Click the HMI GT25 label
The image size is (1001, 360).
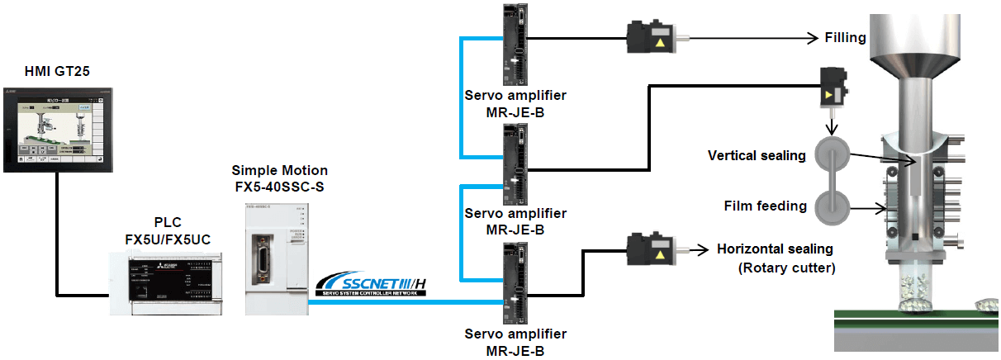[57, 72]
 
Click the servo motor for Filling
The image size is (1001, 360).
[652, 38]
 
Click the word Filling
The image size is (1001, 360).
[845, 37]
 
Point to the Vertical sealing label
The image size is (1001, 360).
[757, 155]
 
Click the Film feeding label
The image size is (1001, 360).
[765, 206]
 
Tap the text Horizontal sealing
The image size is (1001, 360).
[775, 249]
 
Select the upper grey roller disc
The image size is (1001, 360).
[831, 155]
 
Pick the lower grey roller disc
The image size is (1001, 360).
[831, 206]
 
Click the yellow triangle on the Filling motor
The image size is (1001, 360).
[659, 41]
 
